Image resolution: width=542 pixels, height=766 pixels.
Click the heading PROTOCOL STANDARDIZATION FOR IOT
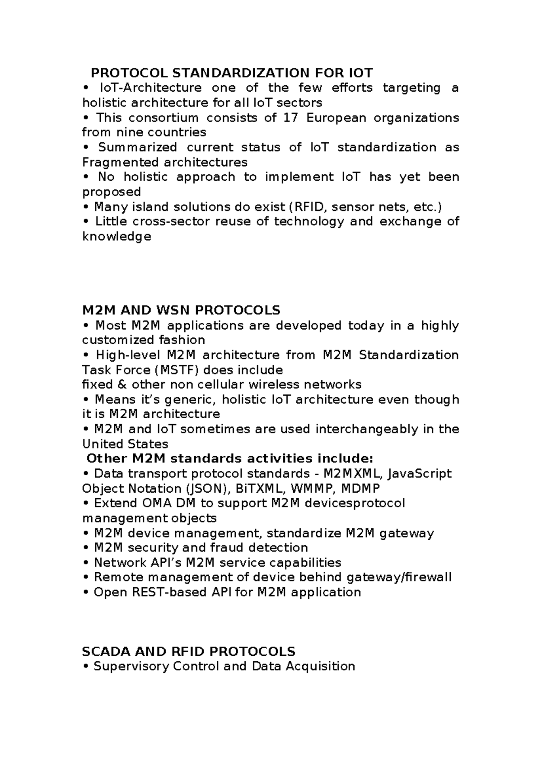[x=232, y=73]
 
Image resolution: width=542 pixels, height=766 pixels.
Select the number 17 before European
[x=291, y=118]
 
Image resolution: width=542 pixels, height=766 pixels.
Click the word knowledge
[x=117, y=236]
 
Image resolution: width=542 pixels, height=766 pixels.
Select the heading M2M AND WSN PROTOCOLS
[x=181, y=310]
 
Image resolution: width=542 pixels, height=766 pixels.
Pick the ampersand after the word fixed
[x=122, y=384]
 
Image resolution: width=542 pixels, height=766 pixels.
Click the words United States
[x=125, y=444]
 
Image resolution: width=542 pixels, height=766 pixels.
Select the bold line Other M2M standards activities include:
[x=229, y=458]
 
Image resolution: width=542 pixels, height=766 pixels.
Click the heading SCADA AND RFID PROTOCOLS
[x=188, y=651]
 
